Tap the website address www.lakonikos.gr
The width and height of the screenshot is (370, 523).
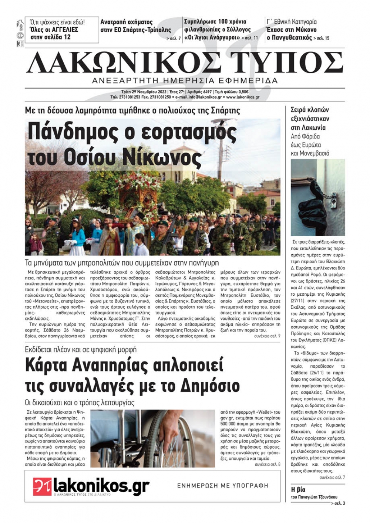(242, 97)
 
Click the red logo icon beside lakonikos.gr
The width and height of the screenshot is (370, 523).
(42, 486)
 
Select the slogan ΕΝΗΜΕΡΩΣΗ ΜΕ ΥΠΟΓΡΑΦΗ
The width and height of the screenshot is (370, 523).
(223, 486)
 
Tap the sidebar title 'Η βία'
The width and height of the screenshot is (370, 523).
(298, 489)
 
